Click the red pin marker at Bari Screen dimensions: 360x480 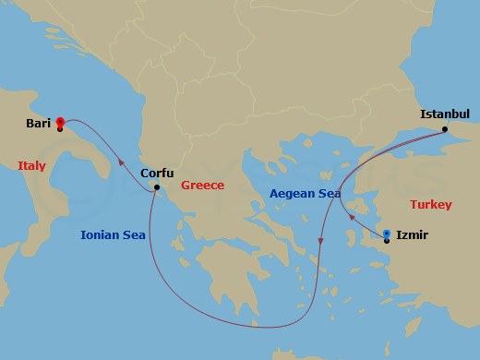coord(60,121)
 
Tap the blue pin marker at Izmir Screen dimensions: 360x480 coord(386,234)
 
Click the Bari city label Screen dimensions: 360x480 coord(39,123)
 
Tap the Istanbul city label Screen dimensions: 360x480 coord(445,114)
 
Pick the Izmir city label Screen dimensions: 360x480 coord(412,235)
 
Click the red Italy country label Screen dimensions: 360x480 coord(31,166)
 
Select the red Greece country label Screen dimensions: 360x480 coord(202,185)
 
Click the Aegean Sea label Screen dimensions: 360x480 coord(305,194)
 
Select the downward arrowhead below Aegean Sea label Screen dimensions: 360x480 coord(320,242)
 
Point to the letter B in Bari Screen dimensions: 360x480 coord(30,123)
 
